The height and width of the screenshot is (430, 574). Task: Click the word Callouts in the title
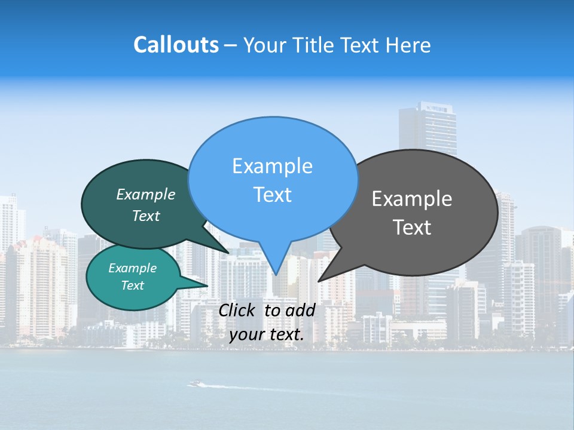[x=176, y=45]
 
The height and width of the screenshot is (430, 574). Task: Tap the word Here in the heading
[x=407, y=45]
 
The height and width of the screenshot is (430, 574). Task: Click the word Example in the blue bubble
[x=272, y=166]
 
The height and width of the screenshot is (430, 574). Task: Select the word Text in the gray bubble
[x=413, y=228]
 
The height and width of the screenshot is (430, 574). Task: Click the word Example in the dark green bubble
[x=146, y=195]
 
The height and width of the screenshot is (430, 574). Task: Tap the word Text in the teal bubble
[x=133, y=285]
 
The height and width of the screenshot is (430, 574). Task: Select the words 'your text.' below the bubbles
[x=267, y=334]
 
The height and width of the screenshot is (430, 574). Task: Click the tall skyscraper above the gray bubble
[x=428, y=128]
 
